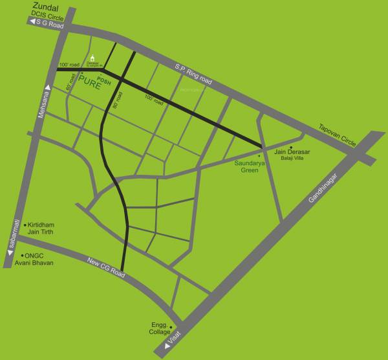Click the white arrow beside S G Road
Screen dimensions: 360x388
click(x=31, y=21)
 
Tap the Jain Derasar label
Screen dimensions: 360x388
click(x=292, y=153)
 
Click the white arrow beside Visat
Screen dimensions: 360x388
click(x=169, y=347)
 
